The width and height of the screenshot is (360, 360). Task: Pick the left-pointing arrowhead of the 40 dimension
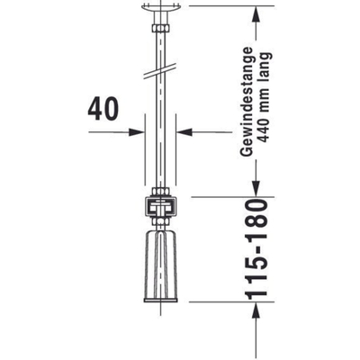pos(185,130)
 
